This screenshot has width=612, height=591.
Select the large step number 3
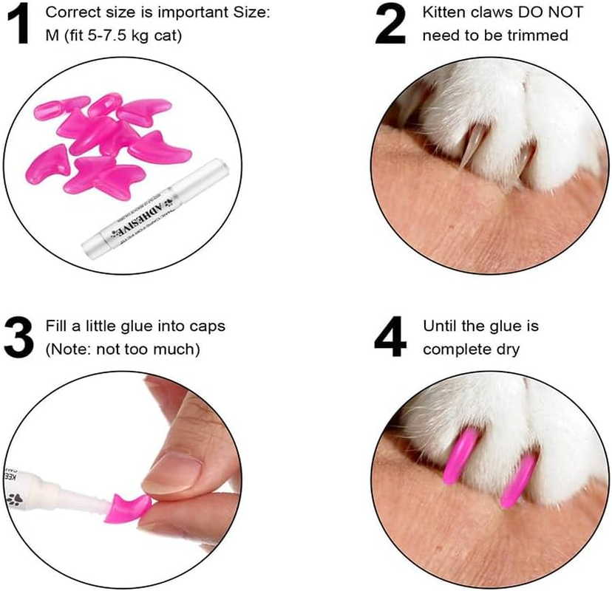pyautogui.click(x=18, y=335)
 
